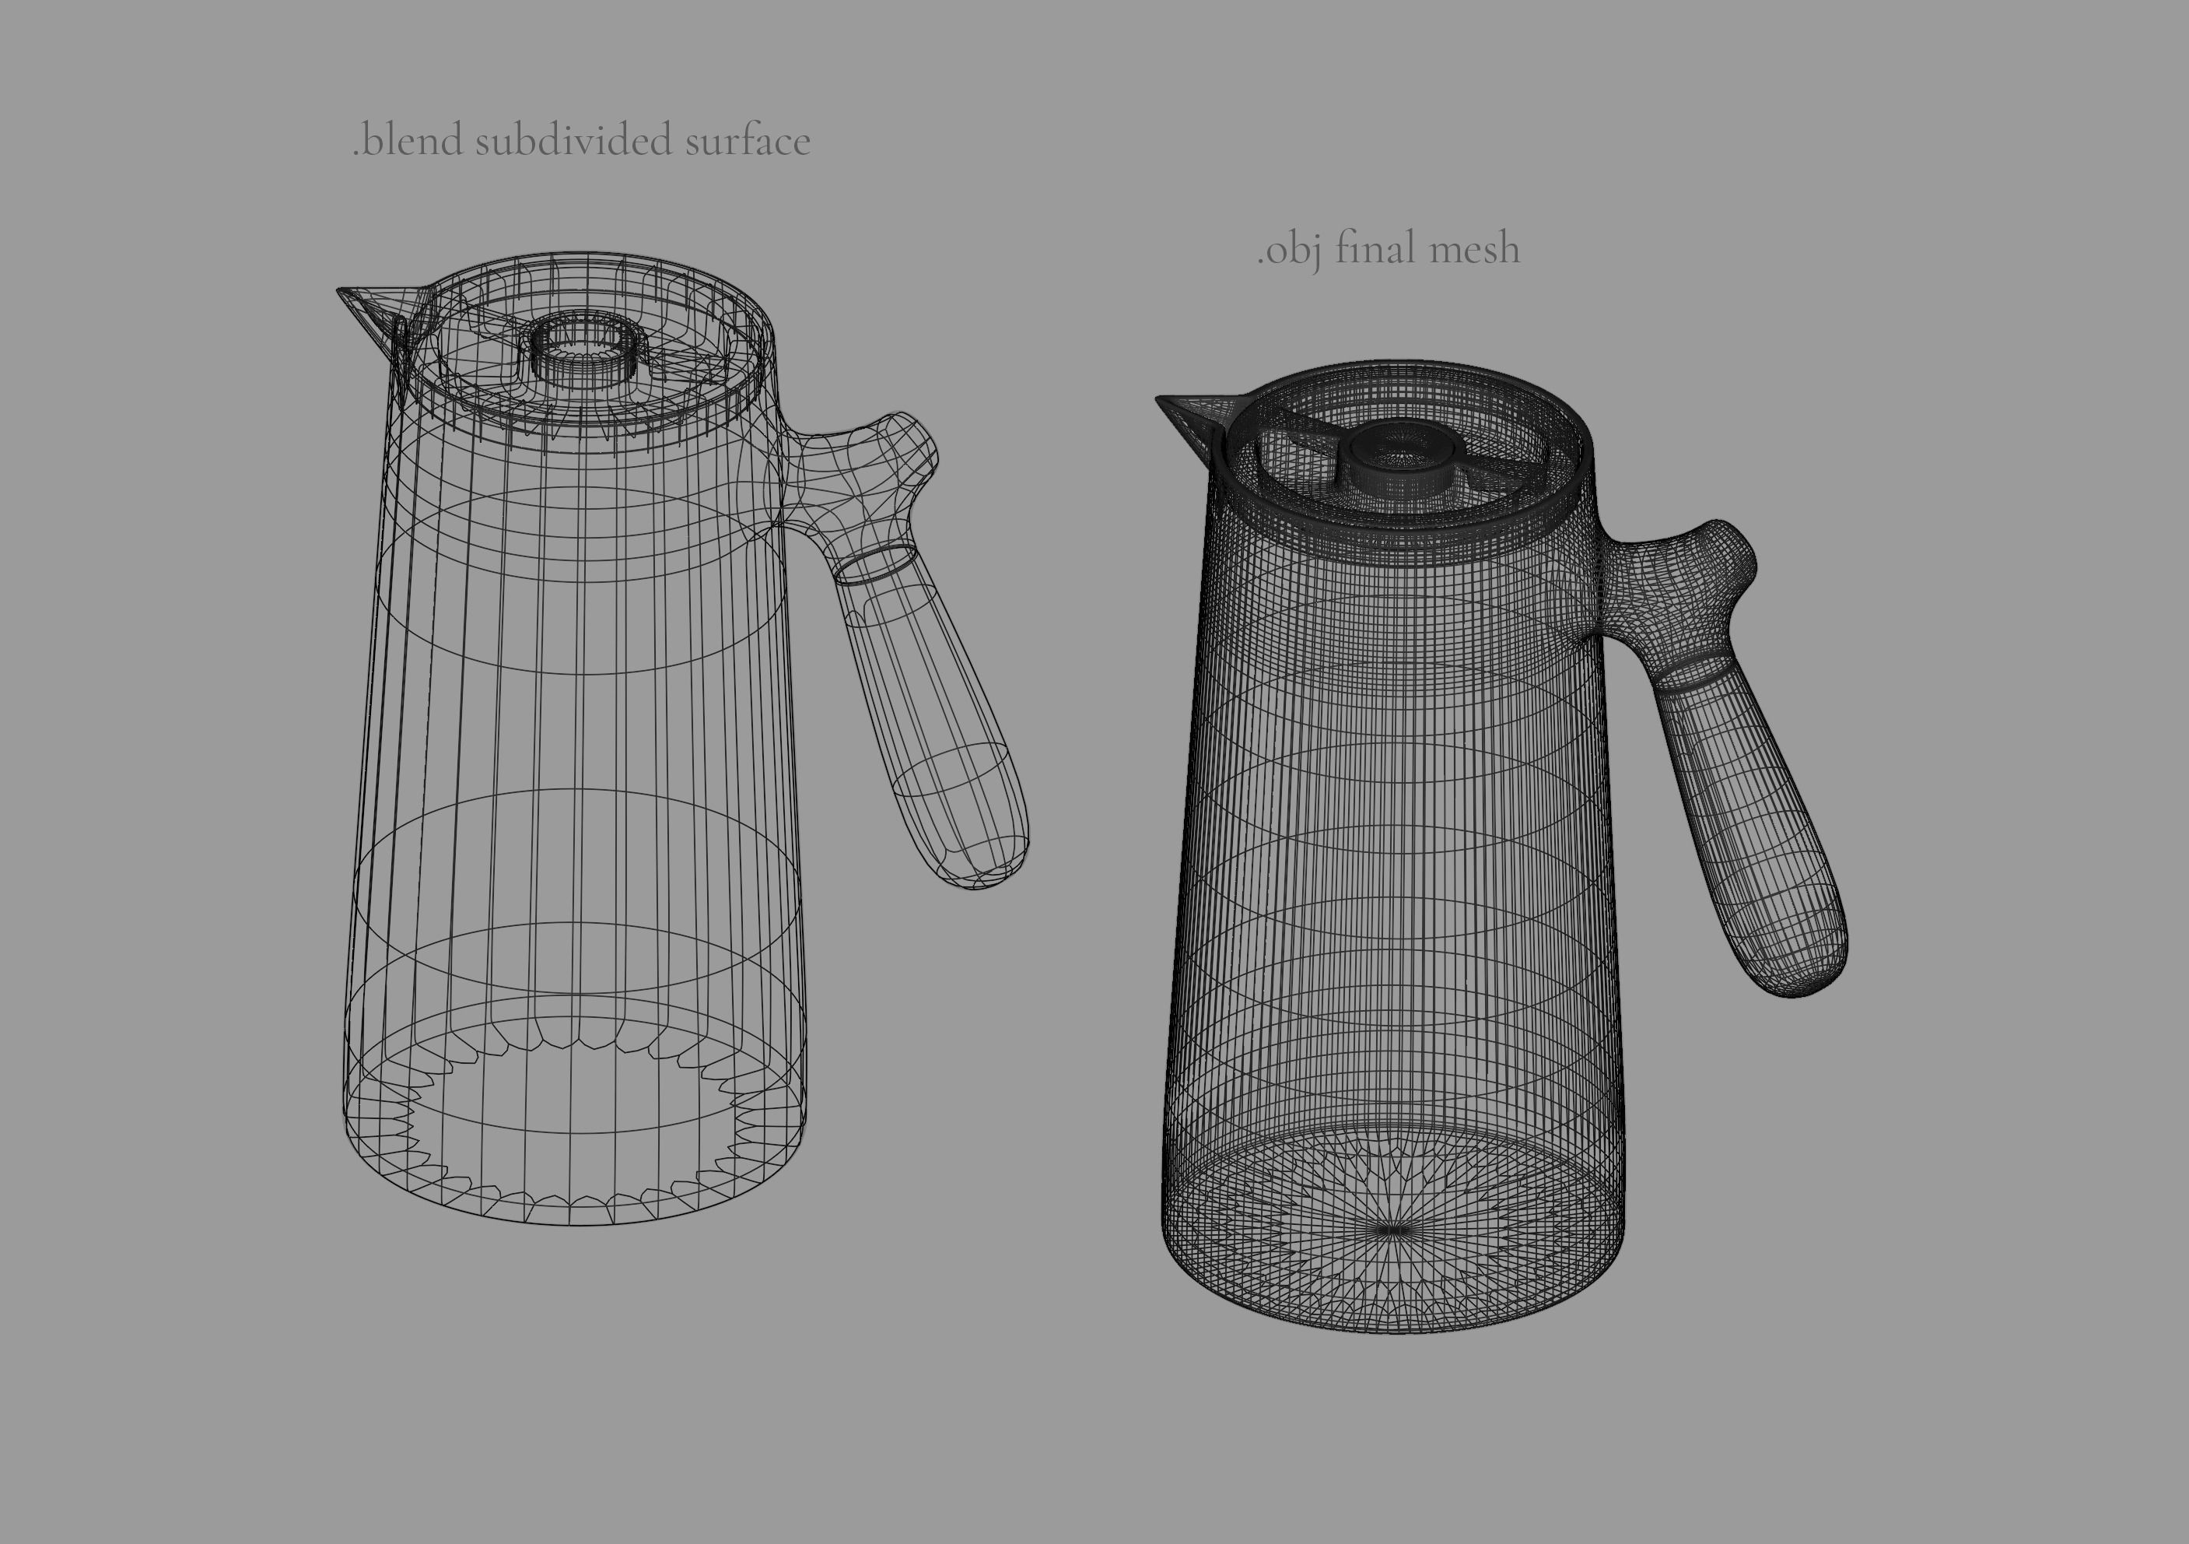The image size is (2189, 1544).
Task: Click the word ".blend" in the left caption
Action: (x=408, y=141)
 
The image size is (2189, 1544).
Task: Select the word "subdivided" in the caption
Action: (x=574, y=141)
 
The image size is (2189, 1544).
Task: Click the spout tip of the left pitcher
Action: (x=341, y=290)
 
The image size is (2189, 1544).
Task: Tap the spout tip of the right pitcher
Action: (x=1159, y=399)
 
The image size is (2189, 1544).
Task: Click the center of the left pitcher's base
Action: (x=574, y=1125)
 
